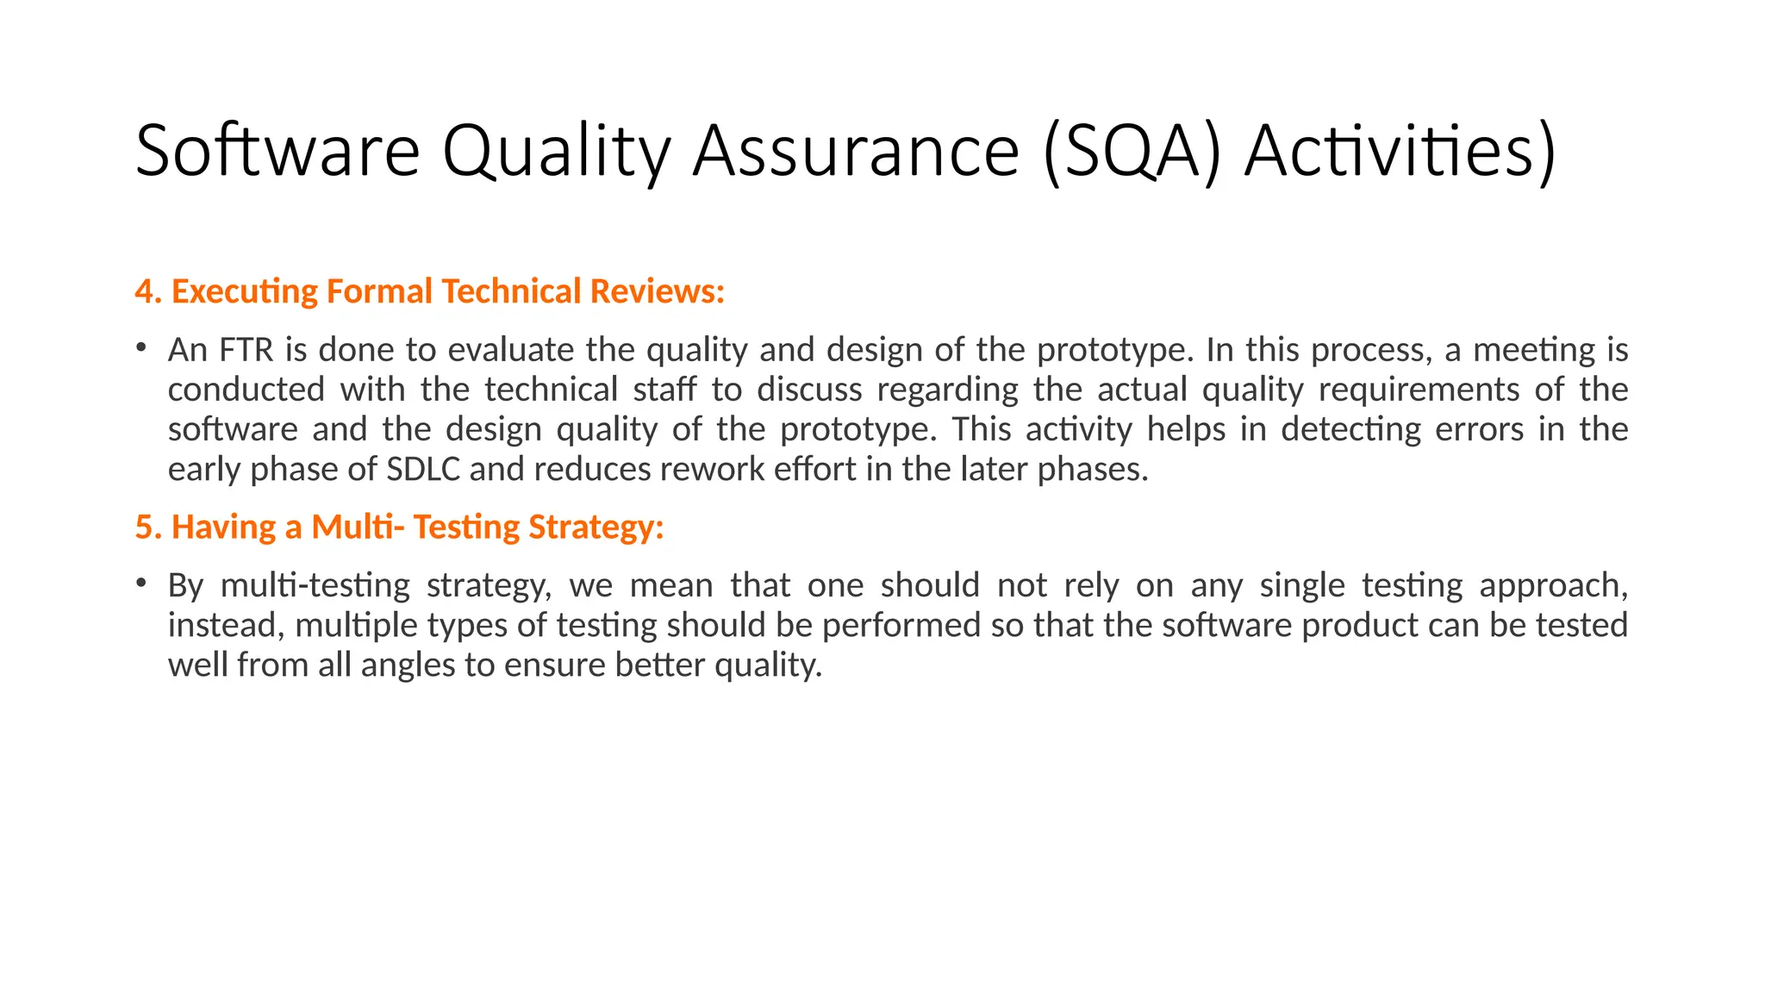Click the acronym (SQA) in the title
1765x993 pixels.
pos(1132,152)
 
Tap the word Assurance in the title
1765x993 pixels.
pos(856,152)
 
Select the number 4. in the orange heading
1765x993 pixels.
pos(148,291)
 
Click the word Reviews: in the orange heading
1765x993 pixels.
pos(657,291)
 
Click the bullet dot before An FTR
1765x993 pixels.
pos(140,347)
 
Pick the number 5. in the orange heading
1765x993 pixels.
pos(148,527)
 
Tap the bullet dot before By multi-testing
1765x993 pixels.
pos(140,583)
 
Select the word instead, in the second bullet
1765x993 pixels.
pos(226,626)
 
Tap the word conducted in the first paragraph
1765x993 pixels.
pos(246,390)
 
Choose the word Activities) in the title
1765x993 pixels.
pos(1400,152)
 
